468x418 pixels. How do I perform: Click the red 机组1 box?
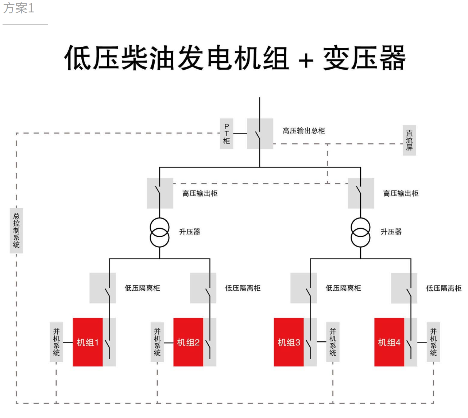tap(88, 342)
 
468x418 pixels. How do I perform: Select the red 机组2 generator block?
tap(188, 342)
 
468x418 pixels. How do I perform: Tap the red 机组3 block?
tap(289, 342)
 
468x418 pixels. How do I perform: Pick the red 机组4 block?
tap(389, 342)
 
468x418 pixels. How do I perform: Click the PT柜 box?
tap(227, 133)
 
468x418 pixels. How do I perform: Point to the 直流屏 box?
tap(409, 140)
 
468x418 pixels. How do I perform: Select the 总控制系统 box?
tap(16, 231)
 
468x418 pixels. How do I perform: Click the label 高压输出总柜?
tap(304, 131)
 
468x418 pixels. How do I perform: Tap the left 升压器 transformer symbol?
tap(160, 232)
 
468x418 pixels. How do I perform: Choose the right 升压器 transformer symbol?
tap(360, 232)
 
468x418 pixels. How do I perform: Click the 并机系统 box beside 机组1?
tap(57, 342)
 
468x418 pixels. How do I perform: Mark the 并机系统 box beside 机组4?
tap(433, 342)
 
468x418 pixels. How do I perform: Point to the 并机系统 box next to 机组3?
tap(333, 342)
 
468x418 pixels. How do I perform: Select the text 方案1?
tap(19, 8)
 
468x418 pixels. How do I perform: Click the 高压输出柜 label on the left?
tap(200, 193)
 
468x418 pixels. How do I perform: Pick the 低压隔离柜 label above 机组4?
tap(444, 288)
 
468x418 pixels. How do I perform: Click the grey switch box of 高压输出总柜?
tap(260, 133)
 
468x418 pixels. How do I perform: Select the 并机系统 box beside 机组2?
tap(157, 342)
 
